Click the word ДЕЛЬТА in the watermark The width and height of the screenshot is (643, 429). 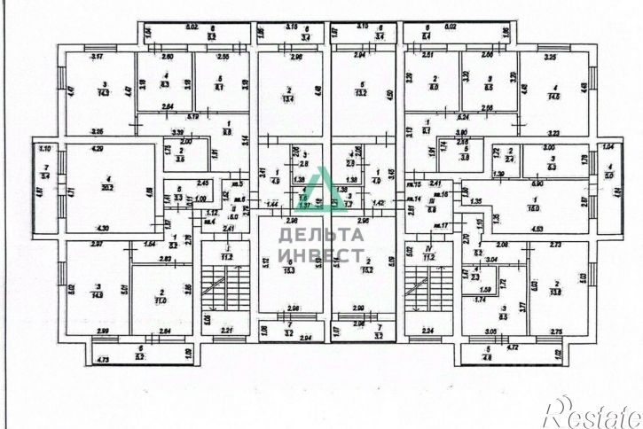pos(320,235)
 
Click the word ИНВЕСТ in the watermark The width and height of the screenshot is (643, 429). pos(320,253)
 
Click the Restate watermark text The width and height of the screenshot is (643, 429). pos(591,410)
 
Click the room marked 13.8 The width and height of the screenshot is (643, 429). pos(556,292)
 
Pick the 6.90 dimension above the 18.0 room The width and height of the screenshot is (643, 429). pos(537,181)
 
